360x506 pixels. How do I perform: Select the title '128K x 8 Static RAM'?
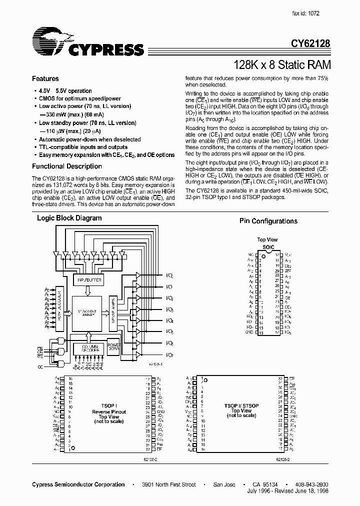point(282,64)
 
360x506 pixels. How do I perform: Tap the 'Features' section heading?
point(45,78)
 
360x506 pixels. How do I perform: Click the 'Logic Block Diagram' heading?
point(69,218)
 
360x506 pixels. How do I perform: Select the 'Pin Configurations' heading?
point(268,221)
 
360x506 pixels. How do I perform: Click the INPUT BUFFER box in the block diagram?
point(89,280)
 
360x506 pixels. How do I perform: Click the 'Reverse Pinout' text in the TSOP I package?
point(108,411)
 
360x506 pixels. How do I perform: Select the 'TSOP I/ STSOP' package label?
point(241,406)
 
